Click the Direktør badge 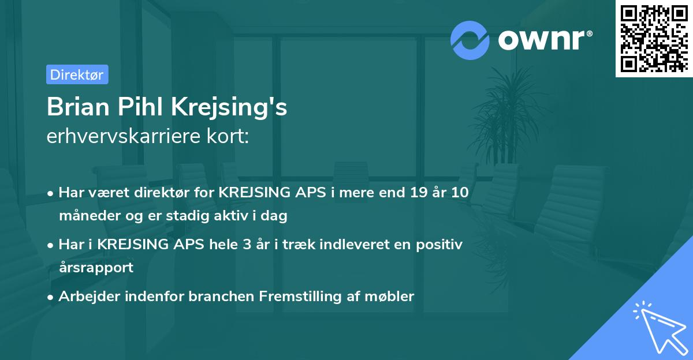[x=77, y=74]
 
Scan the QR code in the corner [x=653, y=39]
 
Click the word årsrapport [x=96, y=267]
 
